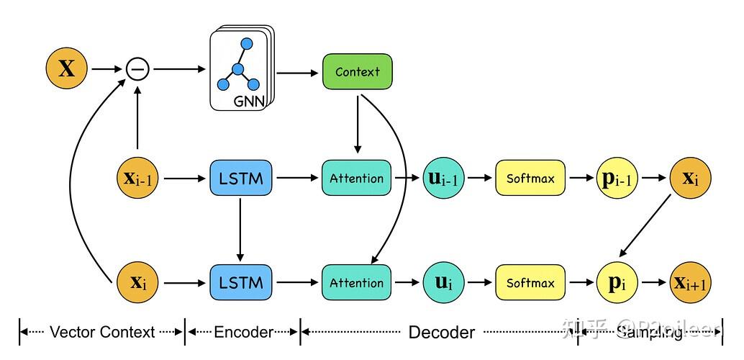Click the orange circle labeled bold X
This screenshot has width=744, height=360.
pos(66,69)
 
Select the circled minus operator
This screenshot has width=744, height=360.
pos(137,69)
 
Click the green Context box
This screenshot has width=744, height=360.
pos(358,71)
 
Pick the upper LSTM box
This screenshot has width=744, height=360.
pos(241,178)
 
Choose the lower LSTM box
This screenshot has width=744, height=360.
pos(241,282)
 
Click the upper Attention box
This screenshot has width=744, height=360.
pos(357,178)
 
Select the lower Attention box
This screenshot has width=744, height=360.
pos(357,282)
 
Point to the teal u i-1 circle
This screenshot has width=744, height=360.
pos(443,178)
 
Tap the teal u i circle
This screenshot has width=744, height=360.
pos(443,282)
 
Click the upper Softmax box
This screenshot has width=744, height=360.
pos(530,178)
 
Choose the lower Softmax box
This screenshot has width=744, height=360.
pos(530,282)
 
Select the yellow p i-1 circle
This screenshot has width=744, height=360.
pos(617,178)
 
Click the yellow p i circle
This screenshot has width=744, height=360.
pos(617,282)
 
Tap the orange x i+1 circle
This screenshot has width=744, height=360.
pos(691,282)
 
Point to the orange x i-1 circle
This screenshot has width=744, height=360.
pos(137,178)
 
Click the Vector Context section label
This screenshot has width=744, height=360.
pos(101,332)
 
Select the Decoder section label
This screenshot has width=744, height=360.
pos(441,332)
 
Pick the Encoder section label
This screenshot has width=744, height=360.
pos(242,332)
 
